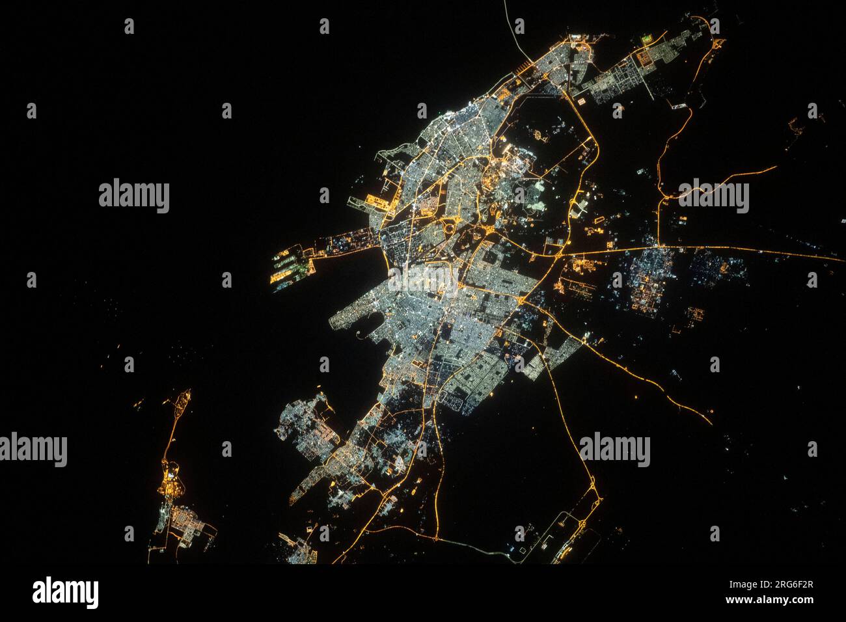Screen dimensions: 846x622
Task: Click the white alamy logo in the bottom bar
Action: tap(65, 593)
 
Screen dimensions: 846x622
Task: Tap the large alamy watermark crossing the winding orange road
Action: tap(713, 195)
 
